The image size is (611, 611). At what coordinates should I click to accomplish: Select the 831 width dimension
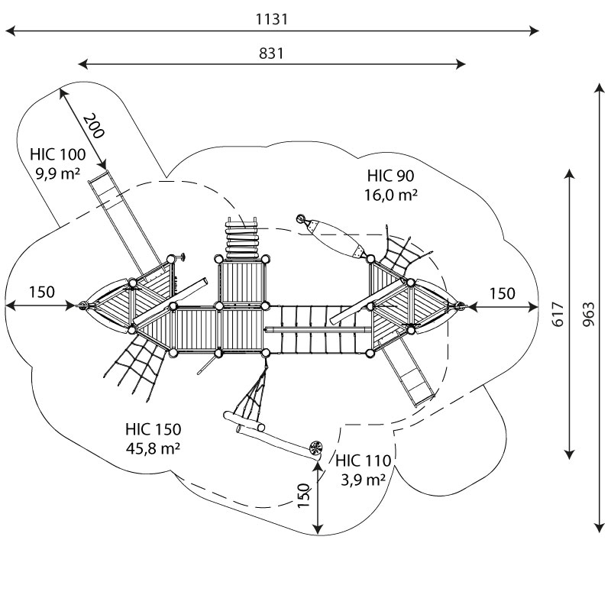click(272, 53)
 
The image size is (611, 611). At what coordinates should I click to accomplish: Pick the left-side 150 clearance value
click(42, 293)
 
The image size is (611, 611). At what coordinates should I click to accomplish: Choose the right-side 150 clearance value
click(502, 293)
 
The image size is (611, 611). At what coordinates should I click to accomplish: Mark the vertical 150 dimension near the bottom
click(304, 496)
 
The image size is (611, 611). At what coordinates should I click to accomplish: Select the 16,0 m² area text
click(390, 195)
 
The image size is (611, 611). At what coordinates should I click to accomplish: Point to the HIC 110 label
click(364, 461)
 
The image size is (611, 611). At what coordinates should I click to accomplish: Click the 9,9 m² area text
click(58, 173)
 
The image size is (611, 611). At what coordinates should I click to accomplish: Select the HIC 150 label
click(153, 429)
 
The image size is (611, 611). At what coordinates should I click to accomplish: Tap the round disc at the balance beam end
click(315, 448)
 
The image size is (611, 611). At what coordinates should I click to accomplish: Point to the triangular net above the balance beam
click(254, 397)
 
